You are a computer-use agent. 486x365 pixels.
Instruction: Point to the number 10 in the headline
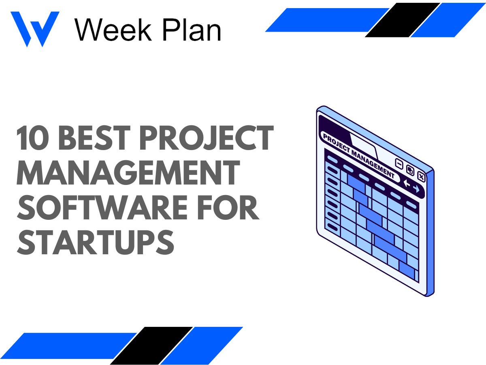(x=32, y=139)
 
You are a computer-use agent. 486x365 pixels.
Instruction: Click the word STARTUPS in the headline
(x=95, y=242)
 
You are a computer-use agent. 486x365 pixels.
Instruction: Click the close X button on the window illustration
(x=421, y=176)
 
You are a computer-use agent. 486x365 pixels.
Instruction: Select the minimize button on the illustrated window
(x=399, y=165)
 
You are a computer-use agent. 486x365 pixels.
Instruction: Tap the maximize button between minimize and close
(x=410, y=171)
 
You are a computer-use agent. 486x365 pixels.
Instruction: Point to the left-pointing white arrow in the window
(x=407, y=185)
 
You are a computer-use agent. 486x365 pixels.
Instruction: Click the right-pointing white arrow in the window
(x=416, y=189)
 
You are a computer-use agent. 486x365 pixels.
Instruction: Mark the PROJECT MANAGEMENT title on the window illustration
(x=358, y=156)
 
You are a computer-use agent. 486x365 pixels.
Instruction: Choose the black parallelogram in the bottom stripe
(x=151, y=346)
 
